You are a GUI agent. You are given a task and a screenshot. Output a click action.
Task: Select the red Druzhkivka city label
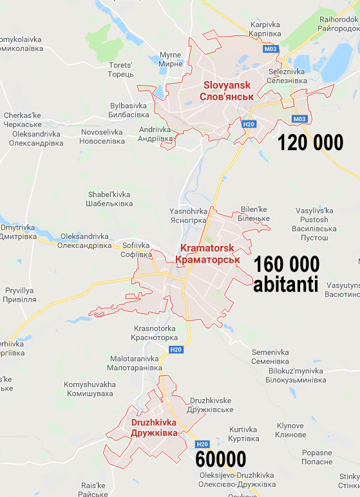click(154, 427)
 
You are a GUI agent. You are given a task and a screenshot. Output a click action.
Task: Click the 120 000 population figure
click(310, 142)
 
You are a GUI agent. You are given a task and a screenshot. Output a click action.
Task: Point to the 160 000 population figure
click(286, 264)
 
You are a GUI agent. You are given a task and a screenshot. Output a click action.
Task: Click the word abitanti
click(286, 284)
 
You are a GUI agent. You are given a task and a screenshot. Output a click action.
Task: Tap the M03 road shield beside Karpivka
click(270, 48)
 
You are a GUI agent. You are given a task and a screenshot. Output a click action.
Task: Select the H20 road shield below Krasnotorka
click(176, 349)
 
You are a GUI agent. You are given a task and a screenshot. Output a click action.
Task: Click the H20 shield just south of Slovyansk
click(249, 124)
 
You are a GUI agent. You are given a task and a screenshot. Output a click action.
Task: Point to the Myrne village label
click(170, 59)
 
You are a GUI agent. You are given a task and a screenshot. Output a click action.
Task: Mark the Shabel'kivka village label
click(108, 198)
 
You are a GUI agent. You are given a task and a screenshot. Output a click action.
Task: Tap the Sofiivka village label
click(135, 249)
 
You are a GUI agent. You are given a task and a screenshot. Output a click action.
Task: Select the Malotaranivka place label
click(135, 362)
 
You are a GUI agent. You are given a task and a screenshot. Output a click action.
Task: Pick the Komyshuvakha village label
click(90, 389)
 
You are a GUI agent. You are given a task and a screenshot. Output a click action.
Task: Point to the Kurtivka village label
click(243, 434)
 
